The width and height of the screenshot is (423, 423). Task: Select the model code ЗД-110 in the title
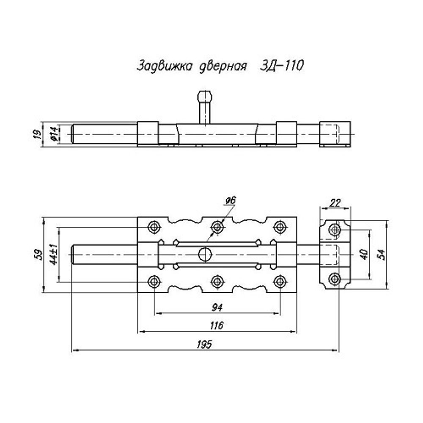280,66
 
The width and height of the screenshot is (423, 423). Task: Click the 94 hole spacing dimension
217,307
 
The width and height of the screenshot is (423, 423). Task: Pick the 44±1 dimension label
54,255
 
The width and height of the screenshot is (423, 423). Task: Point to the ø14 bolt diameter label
54,134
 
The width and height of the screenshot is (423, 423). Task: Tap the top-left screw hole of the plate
154,227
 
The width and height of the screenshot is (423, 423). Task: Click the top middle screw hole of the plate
217,227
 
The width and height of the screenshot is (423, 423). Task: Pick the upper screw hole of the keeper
335,230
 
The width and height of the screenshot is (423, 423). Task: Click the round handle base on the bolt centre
205,254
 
